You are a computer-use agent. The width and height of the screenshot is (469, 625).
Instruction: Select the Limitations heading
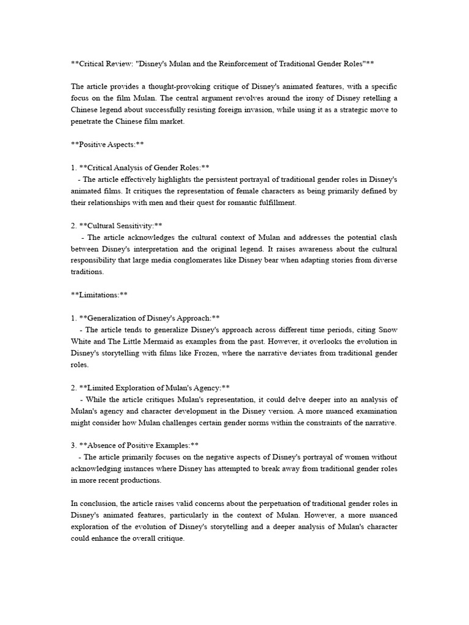point(100,295)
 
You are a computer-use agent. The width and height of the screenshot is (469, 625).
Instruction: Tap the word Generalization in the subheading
point(112,318)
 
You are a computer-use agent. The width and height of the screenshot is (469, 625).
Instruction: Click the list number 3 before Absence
point(73,446)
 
